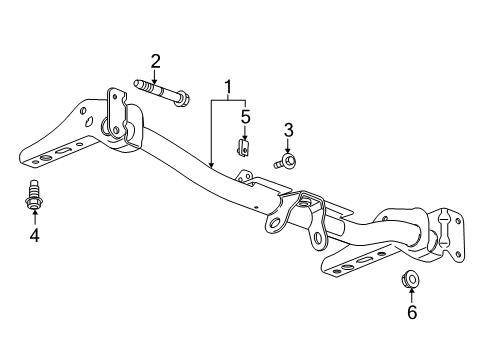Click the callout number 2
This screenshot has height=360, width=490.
(155, 61)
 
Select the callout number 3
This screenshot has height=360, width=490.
(287, 129)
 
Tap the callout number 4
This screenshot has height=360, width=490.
(34, 236)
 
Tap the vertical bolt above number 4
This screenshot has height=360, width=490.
(34, 195)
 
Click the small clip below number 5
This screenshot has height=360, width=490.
(243, 148)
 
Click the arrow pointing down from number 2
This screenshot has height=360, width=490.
(155, 76)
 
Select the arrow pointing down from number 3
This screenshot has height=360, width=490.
(287, 144)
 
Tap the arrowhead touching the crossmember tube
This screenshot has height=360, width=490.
(211, 161)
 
